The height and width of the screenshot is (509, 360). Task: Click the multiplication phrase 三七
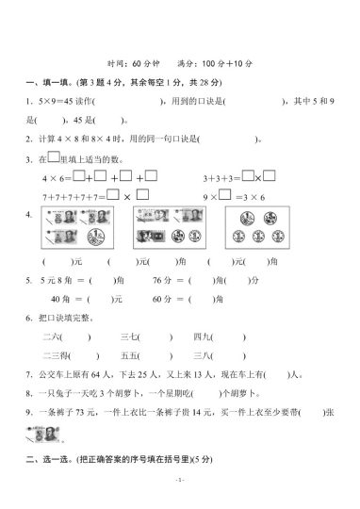click(130, 337)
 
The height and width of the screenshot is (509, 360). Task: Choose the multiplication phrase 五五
click(130, 355)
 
